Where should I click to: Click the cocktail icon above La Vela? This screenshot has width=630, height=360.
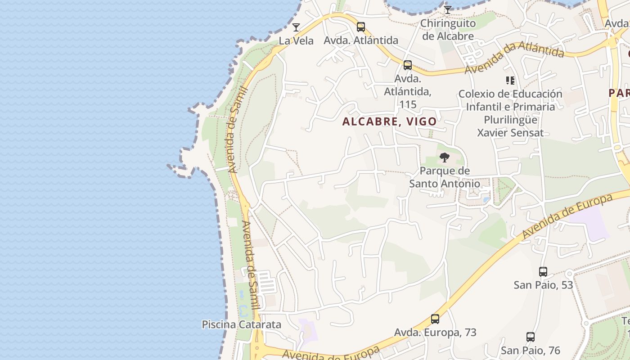[x=296, y=27]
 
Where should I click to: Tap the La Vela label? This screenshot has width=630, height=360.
[x=296, y=40]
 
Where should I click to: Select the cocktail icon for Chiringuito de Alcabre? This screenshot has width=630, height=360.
[x=447, y=10]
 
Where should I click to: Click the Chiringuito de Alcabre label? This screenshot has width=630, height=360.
[x=448, y=30]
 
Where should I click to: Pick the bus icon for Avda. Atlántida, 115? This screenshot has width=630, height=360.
[x=408, y=65]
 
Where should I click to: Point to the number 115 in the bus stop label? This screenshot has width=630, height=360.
[x=408, y=104]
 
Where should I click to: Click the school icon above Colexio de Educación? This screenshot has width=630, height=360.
[x=510, y=81]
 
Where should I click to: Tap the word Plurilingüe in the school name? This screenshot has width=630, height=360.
[x=510, y=120]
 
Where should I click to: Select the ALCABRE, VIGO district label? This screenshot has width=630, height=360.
[x=389, y=121]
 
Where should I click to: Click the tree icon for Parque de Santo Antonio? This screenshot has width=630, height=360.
[x=445, y=157]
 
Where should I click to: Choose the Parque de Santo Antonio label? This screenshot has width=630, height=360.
[x=445, y=177]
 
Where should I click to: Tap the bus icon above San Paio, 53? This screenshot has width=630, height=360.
[x=543, y=272]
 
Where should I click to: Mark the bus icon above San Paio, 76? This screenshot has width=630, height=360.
[x=531, y=337]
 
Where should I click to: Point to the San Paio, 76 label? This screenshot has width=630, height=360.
[x=531, y=350]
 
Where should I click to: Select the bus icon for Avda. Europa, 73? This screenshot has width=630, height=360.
[x=435, y=319]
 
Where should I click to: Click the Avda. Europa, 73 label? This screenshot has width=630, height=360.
[x=435, y=333]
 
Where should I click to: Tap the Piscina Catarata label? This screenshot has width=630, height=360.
[x=241, y=324]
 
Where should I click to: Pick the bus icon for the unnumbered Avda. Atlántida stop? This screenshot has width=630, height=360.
[x=361, y=27]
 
